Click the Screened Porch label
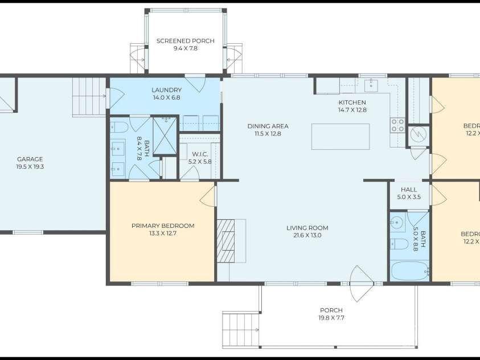pyautogui.click(x=185, y=41)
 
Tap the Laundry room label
pyautogui.click(x=166, y=90)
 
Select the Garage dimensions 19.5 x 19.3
pyautogui.click(x=30, y=167)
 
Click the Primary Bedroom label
pyautogui.click(x=163, y=226)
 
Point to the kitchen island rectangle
pyautogui.click(x=340, y=137)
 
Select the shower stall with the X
pyautogui.click(x=165, y=135)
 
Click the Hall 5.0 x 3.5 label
pyautogui.click(x=409, y=190)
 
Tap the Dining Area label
pyautogui.click(x=268, y=126)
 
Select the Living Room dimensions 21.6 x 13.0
pyautogui.click(x=307, y=235)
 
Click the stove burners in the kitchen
pyautogui.click(x=397, y=125)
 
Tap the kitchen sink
pyautogui.click(x=371, y=86)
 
